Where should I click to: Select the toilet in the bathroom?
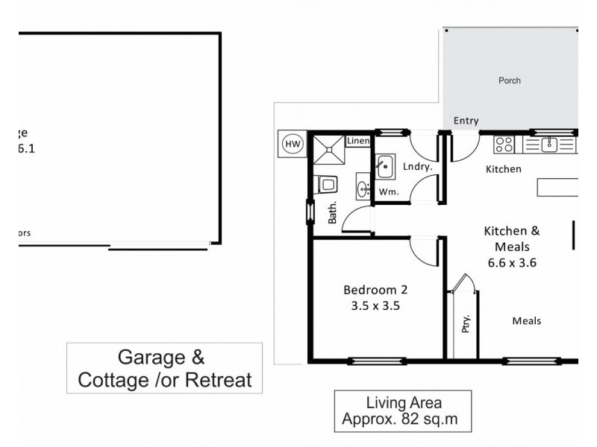pyautogui.click(x=326, y=183)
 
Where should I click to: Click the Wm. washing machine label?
pyautogui.click(x=387, y=191)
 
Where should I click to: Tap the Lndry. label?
pyautogui.click(x=418, y=167)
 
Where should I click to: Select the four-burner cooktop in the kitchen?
pyautogui.click(x=504, y=144)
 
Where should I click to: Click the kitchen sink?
pyautogui.click(x=550, y=143)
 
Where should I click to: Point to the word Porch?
pyautogui.click(x=510, y=80)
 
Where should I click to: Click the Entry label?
pyautogui.click(x=466, y=121)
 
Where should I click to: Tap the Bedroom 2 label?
pyautogui.click(x=375, y=289)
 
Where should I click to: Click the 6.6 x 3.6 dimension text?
pyautogui.click(x=511, y=261)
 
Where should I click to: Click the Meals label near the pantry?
pyautogui.click(x=526, y=321)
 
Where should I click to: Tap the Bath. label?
pyautogui.click(x=333, y=213)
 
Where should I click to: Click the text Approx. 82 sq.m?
pyautogui.click(x=404, y=419)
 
